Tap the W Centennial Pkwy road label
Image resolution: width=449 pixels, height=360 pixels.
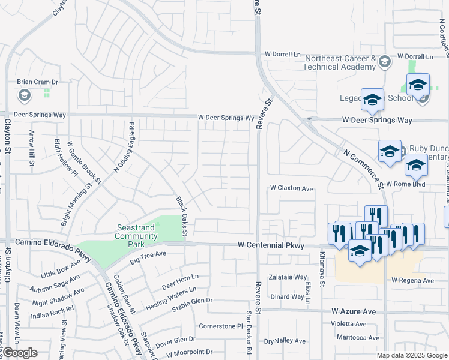[270, 245]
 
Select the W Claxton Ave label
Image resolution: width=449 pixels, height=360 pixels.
[291, 188]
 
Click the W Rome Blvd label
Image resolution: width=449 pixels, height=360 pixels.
[405, 184]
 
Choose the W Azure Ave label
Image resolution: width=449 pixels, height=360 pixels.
[353, 312]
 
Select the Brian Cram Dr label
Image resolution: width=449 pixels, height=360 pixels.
[37, 82]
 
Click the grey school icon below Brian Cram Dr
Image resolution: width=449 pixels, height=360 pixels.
[24, 95]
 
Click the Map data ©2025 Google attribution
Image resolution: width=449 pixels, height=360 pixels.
[412, 355]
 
